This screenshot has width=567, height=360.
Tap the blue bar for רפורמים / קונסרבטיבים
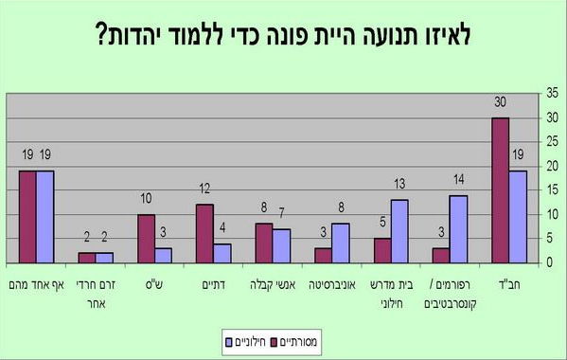[457, 229]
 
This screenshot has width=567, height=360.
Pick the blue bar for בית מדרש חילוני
[399, 231]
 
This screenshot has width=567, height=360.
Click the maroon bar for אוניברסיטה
[322, 255]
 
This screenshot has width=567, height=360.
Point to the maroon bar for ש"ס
[146, 239]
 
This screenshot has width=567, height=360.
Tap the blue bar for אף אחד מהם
[45, 217]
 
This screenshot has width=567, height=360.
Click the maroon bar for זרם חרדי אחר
[87, 258]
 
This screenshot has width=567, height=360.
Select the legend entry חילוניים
[249, 338]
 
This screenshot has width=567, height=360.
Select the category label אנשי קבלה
[270, 281]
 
